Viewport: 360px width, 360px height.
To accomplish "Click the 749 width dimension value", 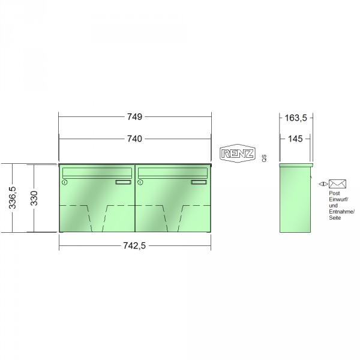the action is pos(135,117).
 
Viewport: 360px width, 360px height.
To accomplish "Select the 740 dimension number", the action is pos(135,139).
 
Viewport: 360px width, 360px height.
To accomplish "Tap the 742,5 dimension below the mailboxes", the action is pos(134,246).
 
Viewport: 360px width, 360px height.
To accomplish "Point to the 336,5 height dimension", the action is pos(13,197).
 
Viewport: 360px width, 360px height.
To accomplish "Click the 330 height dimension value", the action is pos(34,198).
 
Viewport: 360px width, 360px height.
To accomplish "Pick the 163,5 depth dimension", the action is pos(296,118).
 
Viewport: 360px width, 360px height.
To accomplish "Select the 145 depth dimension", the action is pos(295,139).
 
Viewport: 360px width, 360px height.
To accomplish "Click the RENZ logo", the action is pos(238,154).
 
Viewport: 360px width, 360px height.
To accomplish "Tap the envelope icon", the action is pos(337,184).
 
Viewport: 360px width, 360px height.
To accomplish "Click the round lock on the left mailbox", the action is pos(65,182).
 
